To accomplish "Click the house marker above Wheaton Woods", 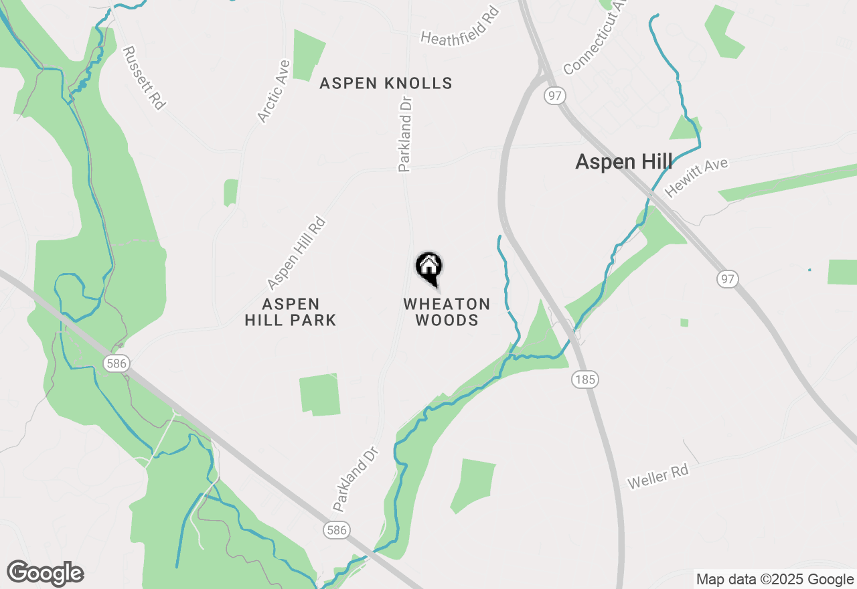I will click(x=429, y=268).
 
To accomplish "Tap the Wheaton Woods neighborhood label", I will click(x=447, y=312).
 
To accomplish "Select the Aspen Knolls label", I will click(x=386, y=83).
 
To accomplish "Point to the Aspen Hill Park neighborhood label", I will click(x=290, y=312).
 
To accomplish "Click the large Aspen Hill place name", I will click(x=624, y=162).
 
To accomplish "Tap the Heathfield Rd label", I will click(x=460, y=27).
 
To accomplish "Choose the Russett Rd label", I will click(x=144, y=78).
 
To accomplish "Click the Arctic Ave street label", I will click(x=274, y=92).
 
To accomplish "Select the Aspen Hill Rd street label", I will click(x=296, y=252).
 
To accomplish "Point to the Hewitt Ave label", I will click(x=696, y=177).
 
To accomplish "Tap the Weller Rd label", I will click(x=657, y=477).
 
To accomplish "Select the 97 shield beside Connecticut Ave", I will click(x=554, y=96).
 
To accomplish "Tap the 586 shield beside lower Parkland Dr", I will click(x=337, y=530).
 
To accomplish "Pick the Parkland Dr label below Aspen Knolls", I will click(x=406, y=134).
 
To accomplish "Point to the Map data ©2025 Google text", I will click(x=774, y=580).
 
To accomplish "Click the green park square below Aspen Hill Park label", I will click(x=319, y=395).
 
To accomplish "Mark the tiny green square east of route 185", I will click(x=684, y=323).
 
